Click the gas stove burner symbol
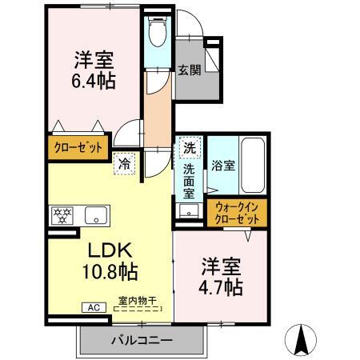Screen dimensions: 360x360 (62, 214)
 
